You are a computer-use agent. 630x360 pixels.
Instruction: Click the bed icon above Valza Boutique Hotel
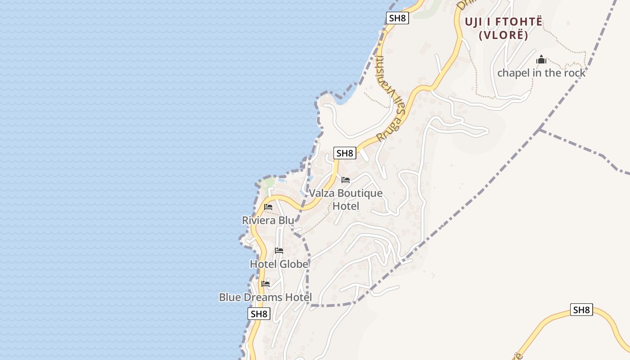click(x=346, y=180)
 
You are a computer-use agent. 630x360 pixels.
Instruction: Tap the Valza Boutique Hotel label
click(x=346, y=199)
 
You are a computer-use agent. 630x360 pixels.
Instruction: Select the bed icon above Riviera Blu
click(x=268, y=207)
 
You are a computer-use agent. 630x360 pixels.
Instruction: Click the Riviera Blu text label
click(x=268, y=220)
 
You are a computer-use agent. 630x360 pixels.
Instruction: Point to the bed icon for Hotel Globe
click(x=279, y=251)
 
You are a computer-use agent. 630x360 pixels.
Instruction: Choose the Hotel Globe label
click(x=279, y=264)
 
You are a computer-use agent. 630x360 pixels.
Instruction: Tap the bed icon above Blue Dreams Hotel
click(x=265, y=284)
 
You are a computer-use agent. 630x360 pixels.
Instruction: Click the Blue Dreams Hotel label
click(x=265, y=297)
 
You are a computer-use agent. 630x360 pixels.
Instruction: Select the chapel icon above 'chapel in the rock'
click(x=541, y=59)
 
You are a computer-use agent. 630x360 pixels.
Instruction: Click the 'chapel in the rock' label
click(x=541, y=73)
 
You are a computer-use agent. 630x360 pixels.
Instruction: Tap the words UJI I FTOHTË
click(x=504, y=22)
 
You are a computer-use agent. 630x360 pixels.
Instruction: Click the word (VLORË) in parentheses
click(x=504, y=35)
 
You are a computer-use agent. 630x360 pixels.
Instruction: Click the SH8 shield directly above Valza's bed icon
click(x=345, y=153)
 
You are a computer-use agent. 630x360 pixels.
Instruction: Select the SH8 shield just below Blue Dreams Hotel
click(x=259, y=314)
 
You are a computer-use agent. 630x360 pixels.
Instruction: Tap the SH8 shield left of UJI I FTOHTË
click(x=397, y=18)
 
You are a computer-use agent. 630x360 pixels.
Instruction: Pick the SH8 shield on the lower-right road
click(x=581, y=310)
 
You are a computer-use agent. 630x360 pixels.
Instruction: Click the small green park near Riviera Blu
click(x=268, y=183)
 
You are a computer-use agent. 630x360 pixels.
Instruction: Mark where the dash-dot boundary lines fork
click(x=540, y=130)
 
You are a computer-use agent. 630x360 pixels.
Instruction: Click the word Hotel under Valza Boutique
click(x=346, y=206)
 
